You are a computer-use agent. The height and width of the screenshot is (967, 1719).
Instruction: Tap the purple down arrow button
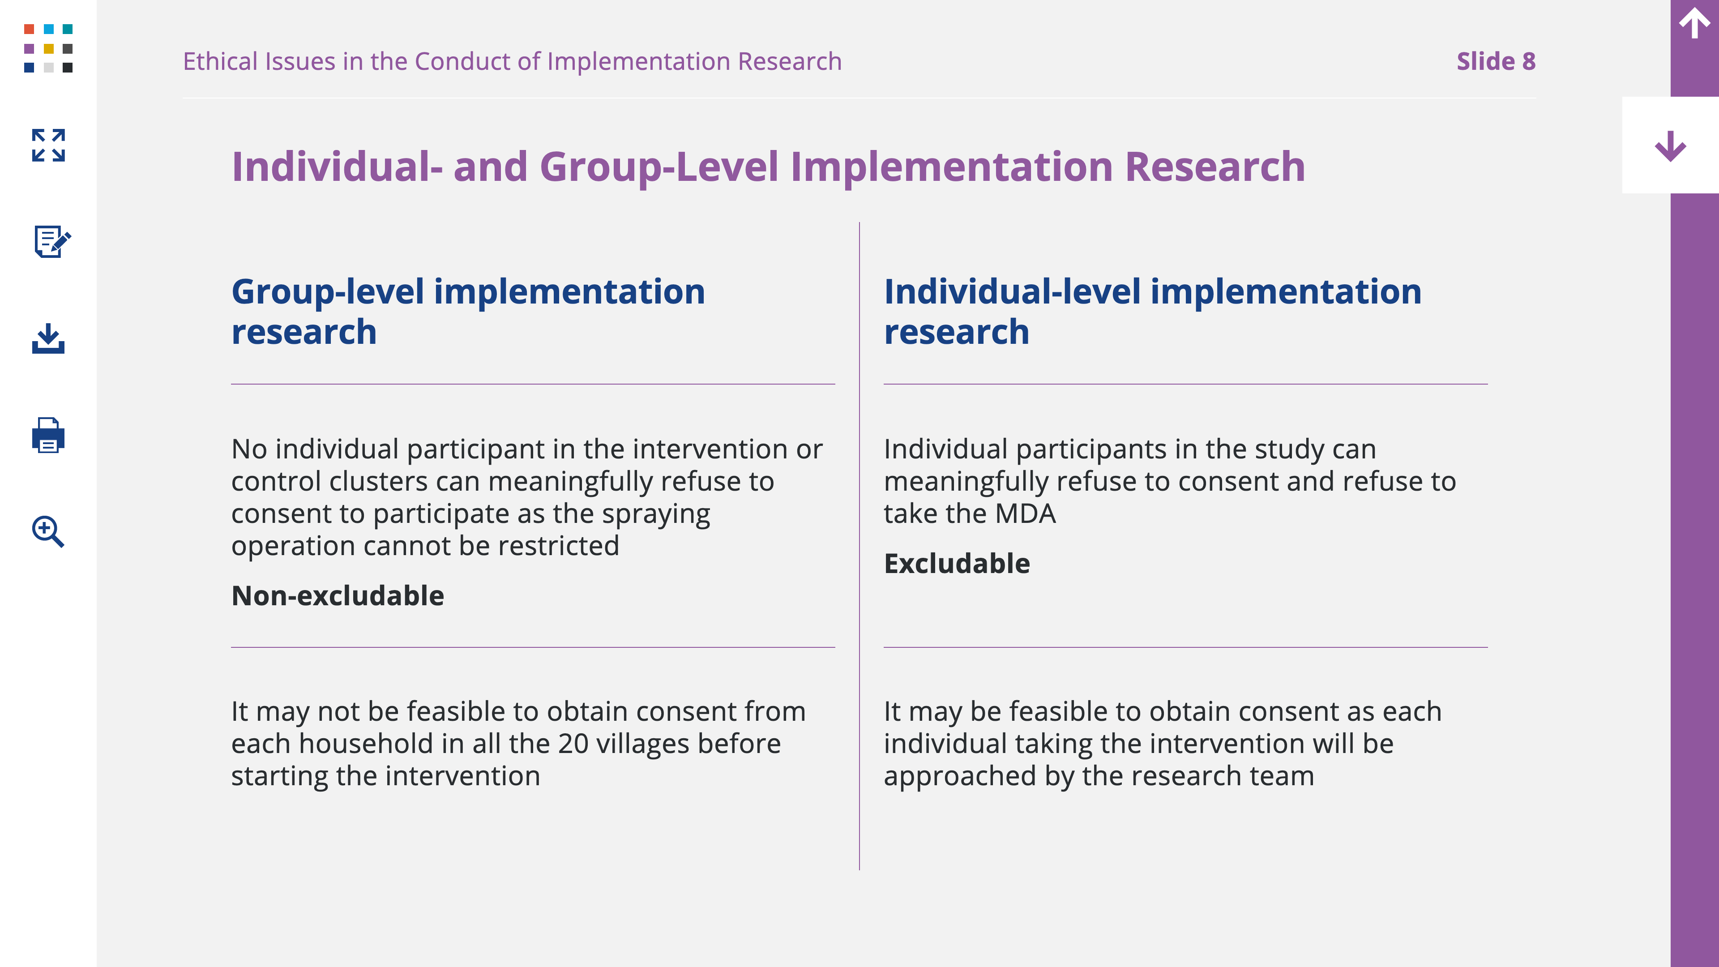point(1670,146)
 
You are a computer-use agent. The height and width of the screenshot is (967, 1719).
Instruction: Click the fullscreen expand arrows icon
point(48,145)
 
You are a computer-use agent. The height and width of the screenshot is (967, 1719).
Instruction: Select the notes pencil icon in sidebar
point(52,241)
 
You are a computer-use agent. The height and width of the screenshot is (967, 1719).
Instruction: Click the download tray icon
point(48,338)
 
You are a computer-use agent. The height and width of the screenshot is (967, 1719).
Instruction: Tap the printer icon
point(48,435)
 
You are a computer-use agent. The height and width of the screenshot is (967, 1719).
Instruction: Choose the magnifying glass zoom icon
point(48,531)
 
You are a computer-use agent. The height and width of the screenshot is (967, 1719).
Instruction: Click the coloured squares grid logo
point(48,48)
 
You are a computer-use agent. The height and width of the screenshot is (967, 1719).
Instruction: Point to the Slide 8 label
point(1496,61)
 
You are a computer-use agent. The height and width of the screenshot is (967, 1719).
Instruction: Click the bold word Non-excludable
point(338,595)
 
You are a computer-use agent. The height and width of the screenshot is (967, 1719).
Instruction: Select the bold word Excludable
point(956,563)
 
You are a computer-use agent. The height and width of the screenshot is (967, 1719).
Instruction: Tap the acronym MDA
point(1025,514)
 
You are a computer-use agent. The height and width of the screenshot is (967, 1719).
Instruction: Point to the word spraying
point(656,514)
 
